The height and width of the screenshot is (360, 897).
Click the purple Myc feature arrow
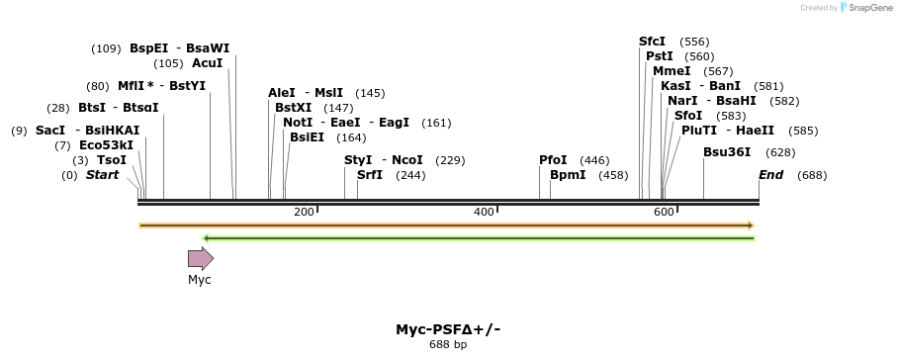coord(201,258)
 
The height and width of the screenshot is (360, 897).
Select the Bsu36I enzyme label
coord(727,152)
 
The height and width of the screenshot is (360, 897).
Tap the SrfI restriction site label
coord(371,175)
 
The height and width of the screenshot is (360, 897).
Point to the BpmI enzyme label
coord(568,175)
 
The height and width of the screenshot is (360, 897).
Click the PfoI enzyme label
coord(553,160)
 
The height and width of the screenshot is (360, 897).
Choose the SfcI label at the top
coord(653,42)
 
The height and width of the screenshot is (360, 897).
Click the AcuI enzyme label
coord(208,63)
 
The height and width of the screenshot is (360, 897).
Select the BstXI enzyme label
coord(293,108)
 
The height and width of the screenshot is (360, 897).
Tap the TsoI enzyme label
coord(112,160)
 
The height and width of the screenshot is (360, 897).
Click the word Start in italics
coord(102,175)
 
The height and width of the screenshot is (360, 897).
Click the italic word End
coord(770,175)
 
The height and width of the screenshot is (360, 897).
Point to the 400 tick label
coord(484,213)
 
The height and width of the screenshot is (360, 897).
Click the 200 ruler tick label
coord(304,213)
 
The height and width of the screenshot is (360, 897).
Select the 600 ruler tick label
coord(664,213)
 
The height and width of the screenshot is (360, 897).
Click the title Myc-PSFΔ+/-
coord(448,329)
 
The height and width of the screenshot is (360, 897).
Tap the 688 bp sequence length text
coord(448,345)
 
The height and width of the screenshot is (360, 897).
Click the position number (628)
coord(780,152)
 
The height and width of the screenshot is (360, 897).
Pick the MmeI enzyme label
coord(672,71)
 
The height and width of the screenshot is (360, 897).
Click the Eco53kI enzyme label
coord(106,145)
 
